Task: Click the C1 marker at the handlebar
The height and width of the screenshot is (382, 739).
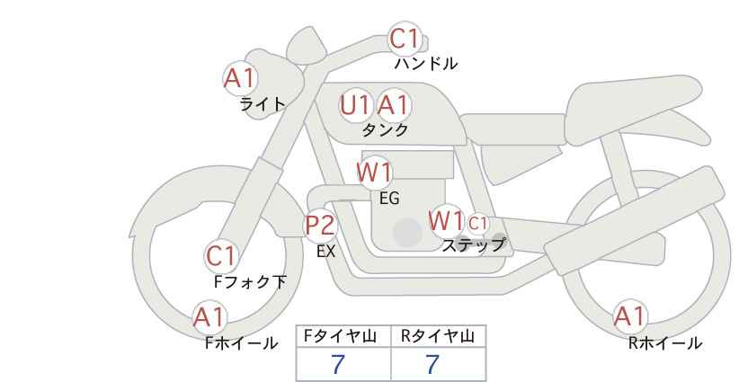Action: [405, 40]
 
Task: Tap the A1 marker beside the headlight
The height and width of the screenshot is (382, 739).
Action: [240, 79]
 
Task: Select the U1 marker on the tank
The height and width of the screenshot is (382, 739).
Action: [355, 105]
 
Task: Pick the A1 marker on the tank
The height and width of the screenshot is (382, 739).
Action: [393, 105]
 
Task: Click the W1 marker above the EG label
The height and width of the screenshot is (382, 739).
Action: [374, 172]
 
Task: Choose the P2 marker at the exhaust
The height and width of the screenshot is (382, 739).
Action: [321, 225]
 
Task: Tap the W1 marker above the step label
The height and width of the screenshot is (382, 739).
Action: [446, 220]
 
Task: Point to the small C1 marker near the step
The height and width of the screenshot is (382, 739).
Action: [477, 223]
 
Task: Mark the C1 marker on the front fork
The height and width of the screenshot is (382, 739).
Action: [221, 257]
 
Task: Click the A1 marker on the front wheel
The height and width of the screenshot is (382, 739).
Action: [209, 317]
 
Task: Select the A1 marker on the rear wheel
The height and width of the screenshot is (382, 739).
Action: [629, 316]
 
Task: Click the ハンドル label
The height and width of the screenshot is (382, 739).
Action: [426, 64]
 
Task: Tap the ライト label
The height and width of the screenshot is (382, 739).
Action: [263, 103]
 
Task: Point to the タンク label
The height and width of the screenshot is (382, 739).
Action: [385, 129]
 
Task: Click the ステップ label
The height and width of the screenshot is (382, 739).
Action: [474, 244]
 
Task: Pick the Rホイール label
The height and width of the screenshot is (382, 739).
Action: [665, 342]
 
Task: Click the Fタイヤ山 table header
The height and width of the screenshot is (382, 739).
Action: [343, 336]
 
